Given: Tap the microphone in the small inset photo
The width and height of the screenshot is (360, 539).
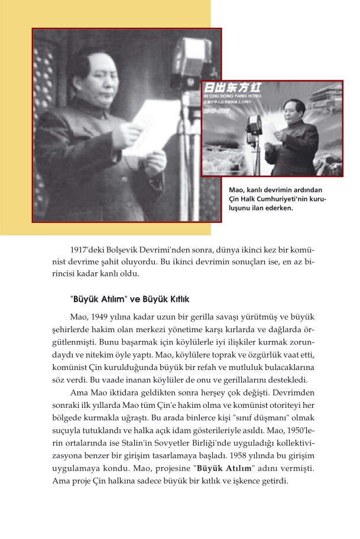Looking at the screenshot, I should (x=255, y=125).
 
